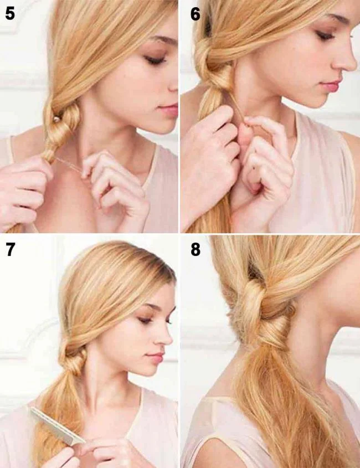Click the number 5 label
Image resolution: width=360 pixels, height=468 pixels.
pyautogui.click(x=10, y=13)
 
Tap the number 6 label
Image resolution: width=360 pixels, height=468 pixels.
pyautogui.click(x=195, y=13)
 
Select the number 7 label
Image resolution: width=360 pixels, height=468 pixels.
pyautogui.click(x=10, y=249)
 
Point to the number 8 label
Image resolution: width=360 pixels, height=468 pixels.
pyautogui.click(x=195, y=249)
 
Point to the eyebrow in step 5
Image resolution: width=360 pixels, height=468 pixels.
pyautogui.click(x=161, y=42)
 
